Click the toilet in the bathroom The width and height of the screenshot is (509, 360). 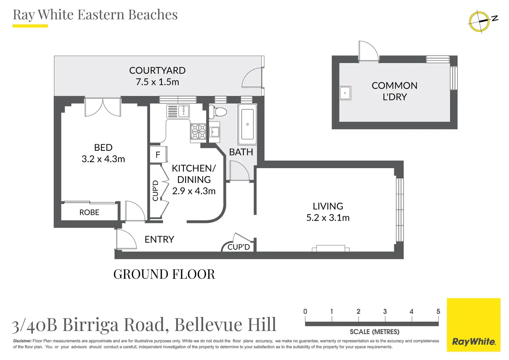pyautogui.click(x=218, y=112)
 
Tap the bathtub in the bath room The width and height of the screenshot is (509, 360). pyautogui.click(x=248, y=124)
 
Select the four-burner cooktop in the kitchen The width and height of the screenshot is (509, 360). pyautogui.click(x=198, y=131)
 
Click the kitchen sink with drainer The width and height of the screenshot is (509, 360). pyautogui.click(x=178, y=111)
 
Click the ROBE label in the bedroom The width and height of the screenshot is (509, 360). pyautogui.click(x=89, y=212)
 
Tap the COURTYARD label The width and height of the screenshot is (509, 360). pyautogui.click(x=157, y=71)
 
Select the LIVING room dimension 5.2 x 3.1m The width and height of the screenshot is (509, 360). pyautogui.click(x=328, y=218)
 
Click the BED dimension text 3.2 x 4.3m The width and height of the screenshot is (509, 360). pyautogui.click(x=103, y=159)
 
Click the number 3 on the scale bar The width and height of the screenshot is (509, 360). pyautogui.click(x=385, y=311)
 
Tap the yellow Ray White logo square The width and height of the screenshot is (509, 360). pyautogui.click(x=473, y=325)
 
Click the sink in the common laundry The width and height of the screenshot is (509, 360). pyautogui.click(x=345, y=93)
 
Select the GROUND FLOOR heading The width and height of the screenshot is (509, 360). pyautogui.click(x=164, y=274)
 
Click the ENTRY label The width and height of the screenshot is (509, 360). pyautogui.click(x=159, y=240)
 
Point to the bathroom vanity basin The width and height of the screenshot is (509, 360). pyautogui.click(x=214, y=131)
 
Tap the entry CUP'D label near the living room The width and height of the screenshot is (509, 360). pyautogui.click(x=239, y=247)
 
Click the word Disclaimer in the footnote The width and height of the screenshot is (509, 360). pyautogui.click(x=22, y=341)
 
